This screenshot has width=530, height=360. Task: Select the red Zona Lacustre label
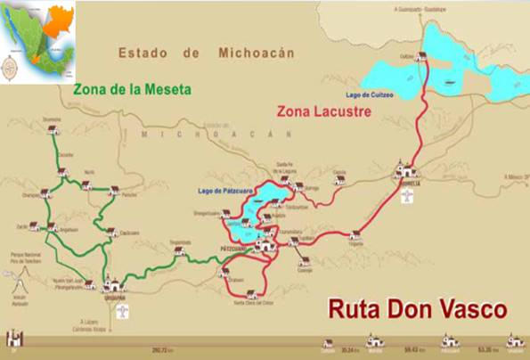322,110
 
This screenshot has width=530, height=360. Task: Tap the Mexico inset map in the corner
38,41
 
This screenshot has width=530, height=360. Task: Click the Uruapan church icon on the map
113,285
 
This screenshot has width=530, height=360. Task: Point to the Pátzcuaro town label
234,248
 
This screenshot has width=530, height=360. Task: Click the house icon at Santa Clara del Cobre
251,294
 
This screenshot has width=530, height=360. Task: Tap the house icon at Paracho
114,190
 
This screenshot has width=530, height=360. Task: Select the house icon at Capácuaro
112,233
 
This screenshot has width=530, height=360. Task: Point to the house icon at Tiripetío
355,235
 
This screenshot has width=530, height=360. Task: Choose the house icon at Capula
339,179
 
